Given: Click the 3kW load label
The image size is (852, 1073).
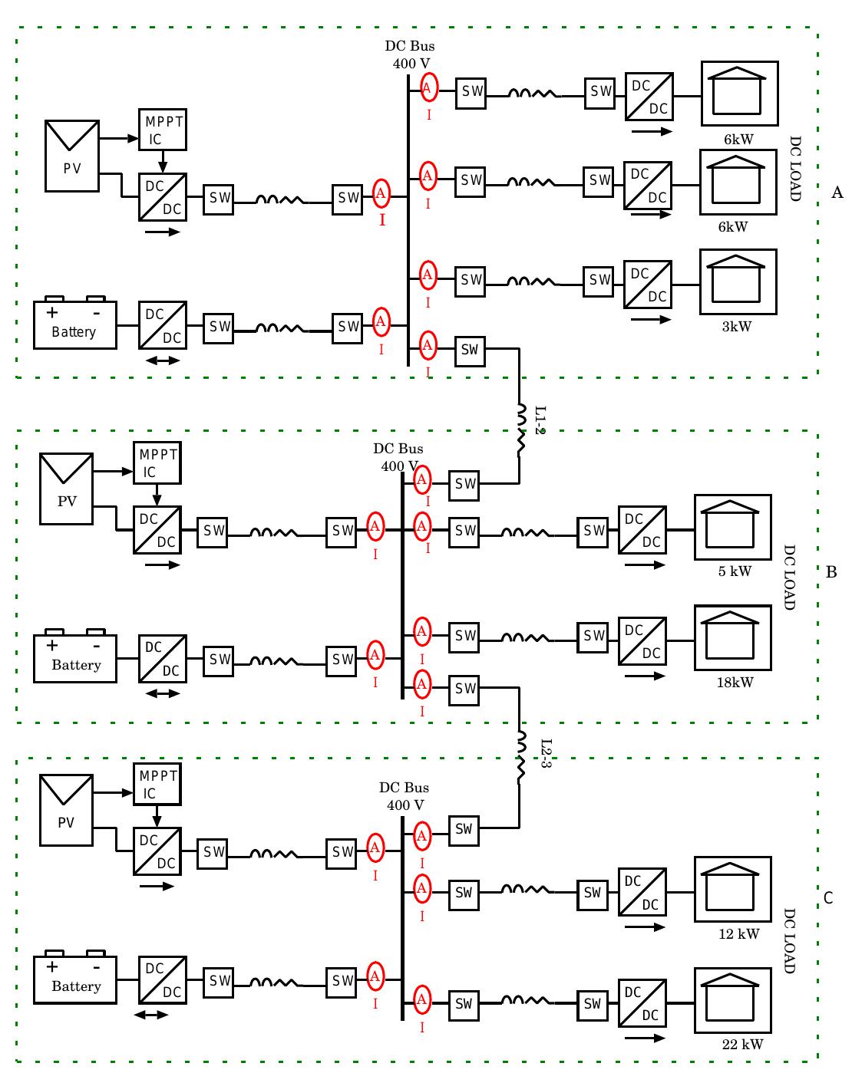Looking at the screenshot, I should [736, 327].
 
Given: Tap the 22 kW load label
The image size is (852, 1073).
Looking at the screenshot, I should [742, 1044].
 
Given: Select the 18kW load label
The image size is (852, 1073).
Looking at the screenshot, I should [735, 682].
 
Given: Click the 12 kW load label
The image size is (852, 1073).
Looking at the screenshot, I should [738, 933].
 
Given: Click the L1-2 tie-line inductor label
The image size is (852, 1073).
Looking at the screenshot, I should [540, 420].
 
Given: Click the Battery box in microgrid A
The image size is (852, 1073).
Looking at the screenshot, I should [75, 324].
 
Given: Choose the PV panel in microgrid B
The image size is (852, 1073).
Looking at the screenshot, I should [67, 489].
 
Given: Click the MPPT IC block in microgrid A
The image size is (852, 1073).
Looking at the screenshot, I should [162, 130].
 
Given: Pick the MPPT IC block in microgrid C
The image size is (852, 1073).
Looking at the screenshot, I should [157, 785].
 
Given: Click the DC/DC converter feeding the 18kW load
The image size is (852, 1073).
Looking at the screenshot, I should [642, 641].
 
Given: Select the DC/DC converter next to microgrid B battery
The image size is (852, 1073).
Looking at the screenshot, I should [163, 659].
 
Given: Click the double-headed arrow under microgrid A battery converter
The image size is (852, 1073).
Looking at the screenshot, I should [162, 360].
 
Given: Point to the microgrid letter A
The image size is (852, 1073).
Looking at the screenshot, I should [837, 193].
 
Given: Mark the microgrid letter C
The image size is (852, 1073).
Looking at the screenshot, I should [828, 897].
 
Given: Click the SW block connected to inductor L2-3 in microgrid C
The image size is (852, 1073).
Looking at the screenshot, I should [463, 829].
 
